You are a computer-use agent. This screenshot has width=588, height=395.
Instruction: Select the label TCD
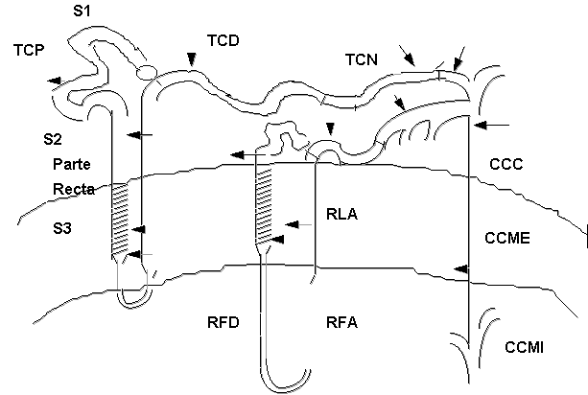[x=223, y=41]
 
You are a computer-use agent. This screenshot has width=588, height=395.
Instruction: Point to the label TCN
[x=361, y=60]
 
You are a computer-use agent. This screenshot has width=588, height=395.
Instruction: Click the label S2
[x=54, y=140]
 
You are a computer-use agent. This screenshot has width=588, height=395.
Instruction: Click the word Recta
[x=74, y=189]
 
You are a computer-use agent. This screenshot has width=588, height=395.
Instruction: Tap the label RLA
[x=341, y=216]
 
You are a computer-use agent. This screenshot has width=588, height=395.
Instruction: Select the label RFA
[x=341, y=323]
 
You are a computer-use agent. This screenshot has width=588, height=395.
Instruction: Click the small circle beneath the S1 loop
[x=145, y=72]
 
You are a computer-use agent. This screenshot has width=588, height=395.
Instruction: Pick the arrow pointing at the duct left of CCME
[x=460, y=268]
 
